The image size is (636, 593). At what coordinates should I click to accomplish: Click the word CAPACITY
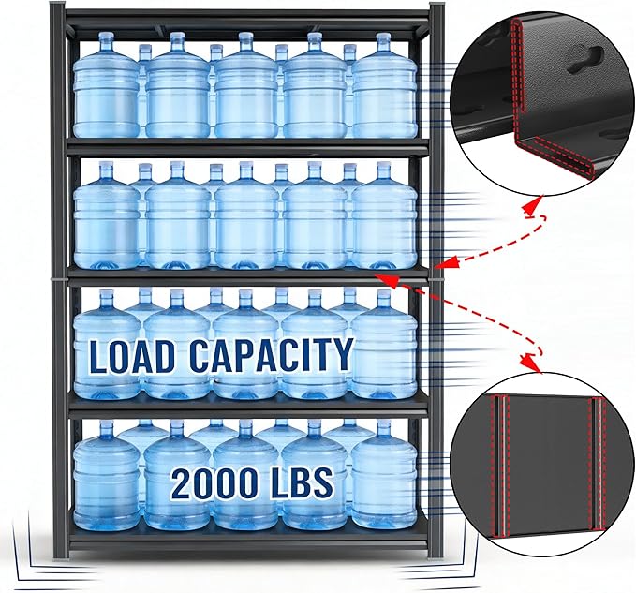coord(271,355)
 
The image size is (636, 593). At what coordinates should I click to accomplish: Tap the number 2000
coord(219,482)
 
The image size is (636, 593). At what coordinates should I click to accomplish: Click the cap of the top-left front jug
coord(107,39)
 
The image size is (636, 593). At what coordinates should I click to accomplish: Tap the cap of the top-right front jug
coord(383,39)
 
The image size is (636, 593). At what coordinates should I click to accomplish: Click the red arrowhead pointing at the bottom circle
coord(530,362)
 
